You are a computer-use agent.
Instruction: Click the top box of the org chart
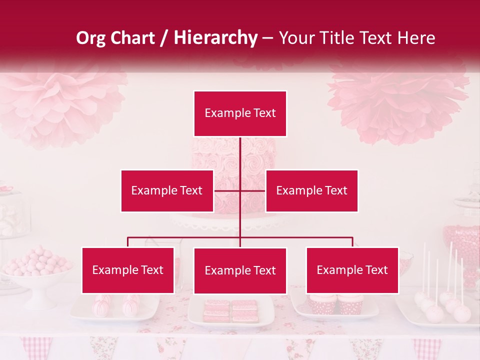tap(240, 113)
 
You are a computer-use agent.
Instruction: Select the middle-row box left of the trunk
tap(167, 190)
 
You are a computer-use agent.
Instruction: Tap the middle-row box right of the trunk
tap(311, 190)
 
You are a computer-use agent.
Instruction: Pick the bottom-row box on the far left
tap(128, 270)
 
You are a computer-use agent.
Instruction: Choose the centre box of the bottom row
tap(240, 270)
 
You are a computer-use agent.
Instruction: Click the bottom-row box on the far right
tap(352, 270)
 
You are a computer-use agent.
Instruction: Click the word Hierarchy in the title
tap(215, 38)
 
